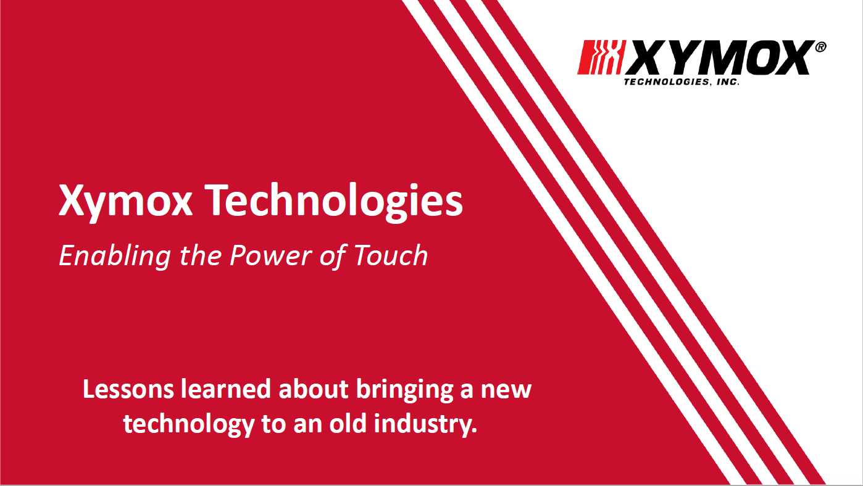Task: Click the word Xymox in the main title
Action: pyautogui.click(x=125, y=201)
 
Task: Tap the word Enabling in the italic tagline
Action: pyautogui.click(x=115, y=257)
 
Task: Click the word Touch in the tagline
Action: pyautogui.click(x=391, y=255)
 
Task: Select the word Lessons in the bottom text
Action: pyautogui.click(x=128, y=389)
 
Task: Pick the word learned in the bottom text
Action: pyautogui.click(x=226, y=389)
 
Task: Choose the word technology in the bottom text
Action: pyautogui.click(x=189, y=425)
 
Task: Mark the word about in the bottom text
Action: pyautogui.click(x=314, y=389)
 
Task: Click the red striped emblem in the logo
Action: pyautogui.click(x=601, y=57)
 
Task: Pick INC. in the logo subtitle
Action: pyautogui.click(x=728, y=82)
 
